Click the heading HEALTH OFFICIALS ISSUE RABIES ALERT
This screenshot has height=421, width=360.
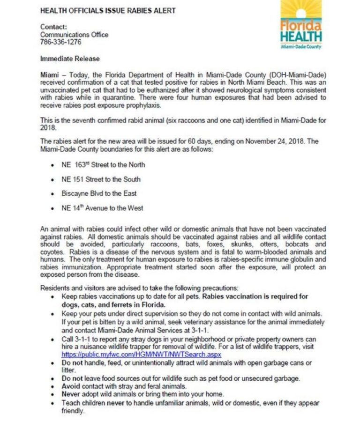(108, 10)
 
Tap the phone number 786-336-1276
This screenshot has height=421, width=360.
(60, 42)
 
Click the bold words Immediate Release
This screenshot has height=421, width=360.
(70, 59)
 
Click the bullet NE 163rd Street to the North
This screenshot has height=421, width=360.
(103, 165)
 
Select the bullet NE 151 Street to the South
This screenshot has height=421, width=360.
(101, 179)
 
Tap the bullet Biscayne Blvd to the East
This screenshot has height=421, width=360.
(99, 193)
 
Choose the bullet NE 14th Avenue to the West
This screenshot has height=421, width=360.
(102, 208)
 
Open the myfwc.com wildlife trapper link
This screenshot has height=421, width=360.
(141, 355)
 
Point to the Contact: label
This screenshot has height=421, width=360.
(53, 27)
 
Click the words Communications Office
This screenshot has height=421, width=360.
(74, 35)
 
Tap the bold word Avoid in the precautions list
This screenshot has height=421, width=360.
(71, 386)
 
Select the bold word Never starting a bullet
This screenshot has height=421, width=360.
(71, 394)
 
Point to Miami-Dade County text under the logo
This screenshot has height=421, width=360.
(301, 47)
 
